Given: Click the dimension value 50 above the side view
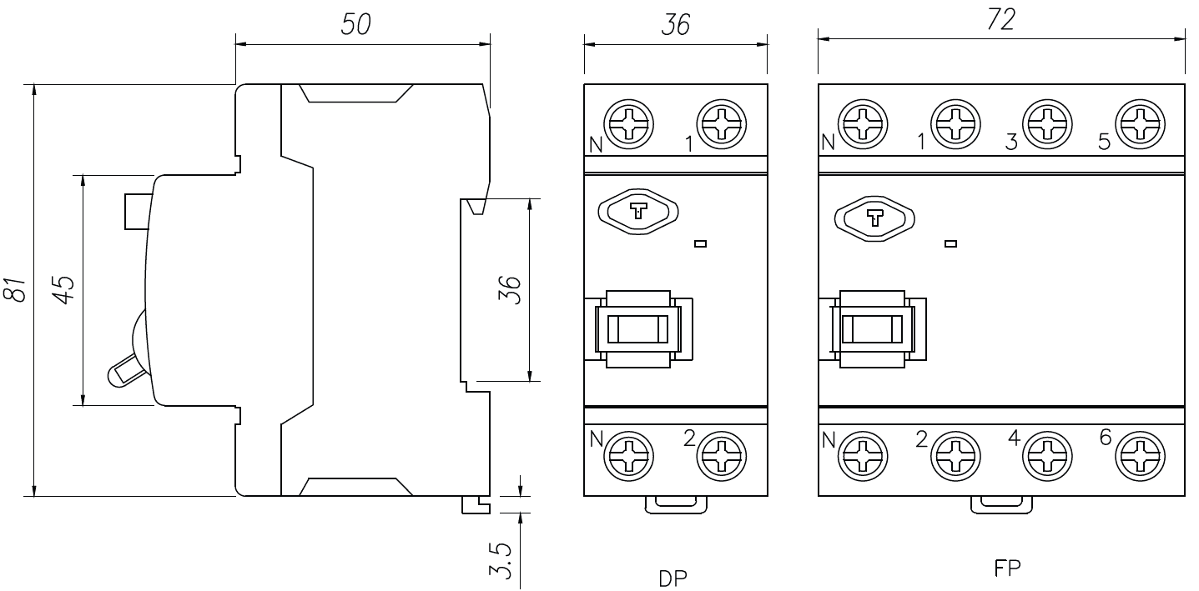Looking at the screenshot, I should tap(356, 25).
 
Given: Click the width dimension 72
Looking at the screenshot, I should tap(1000, 23).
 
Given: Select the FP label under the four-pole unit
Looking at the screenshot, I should tap(1008, 568).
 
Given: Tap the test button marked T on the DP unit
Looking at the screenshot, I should tap(638, 212).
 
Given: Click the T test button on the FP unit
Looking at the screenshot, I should tap(874, 219).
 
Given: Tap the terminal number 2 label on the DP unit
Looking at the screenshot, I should tap(689, 438).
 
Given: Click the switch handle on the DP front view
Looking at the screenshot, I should tap(637, 328).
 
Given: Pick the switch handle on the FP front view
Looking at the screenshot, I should tap(872, 328).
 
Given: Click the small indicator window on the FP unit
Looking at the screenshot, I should tap(950, 244).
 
